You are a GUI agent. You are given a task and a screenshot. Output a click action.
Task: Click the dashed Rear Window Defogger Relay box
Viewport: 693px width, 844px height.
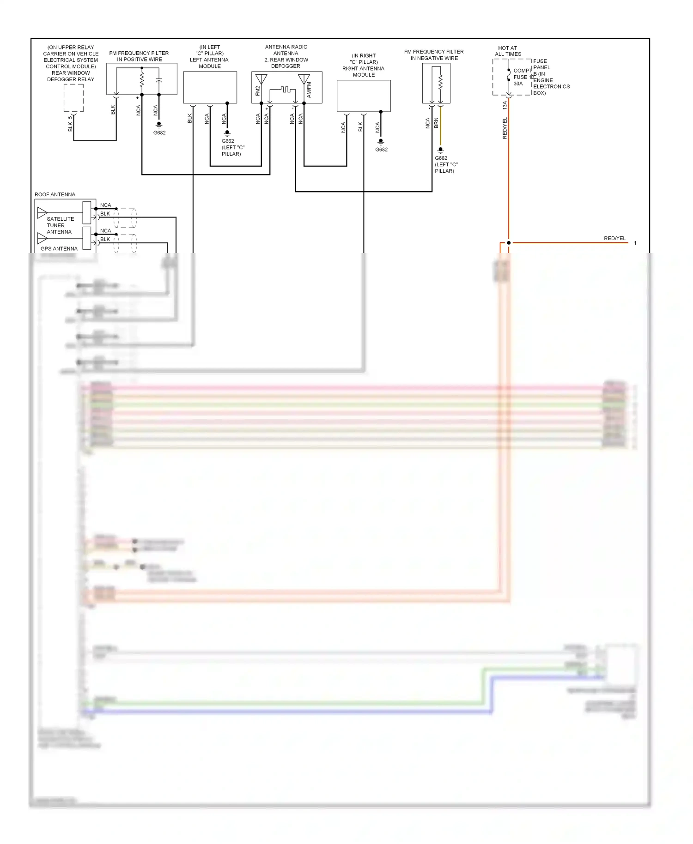pyautogui.click(x=73, y=98)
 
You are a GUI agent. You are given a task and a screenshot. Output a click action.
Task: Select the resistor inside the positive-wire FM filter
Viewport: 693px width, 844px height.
pyautogui.click(x=142, y=80)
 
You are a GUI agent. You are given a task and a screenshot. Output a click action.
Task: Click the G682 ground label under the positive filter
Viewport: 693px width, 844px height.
pyautogui.click(x=159, y=133)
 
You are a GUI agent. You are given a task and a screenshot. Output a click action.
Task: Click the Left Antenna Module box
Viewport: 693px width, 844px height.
pyautogui.click(x=210, y=87)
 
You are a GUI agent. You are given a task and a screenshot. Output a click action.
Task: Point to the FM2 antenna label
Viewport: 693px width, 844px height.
pyautogui.click(x=258, y=90)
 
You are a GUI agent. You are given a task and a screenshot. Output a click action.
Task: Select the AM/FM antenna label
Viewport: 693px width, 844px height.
pyautogui.click(x=309, y=90)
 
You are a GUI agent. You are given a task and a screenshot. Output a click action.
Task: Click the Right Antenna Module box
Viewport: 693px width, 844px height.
pyautogui.click(x=364, y=96)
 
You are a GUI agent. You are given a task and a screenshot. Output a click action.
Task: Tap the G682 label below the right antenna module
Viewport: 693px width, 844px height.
pyautogui.click(x=381, y=150)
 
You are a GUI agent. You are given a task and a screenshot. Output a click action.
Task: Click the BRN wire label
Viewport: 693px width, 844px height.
pyautogui.click(x=436, y=123)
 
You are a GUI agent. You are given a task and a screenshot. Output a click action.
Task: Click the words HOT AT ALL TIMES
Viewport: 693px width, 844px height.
pyautogui.click(x=508, y=51)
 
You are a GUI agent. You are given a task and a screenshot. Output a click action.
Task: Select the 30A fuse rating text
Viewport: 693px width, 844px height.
pyautogui.click(x=518, y=84)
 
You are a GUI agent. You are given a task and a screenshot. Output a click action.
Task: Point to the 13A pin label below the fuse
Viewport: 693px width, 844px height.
pyautogui.click(x=505, y=105)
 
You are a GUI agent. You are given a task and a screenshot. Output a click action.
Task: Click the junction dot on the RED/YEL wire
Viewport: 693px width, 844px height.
pyautogui.click(x=509, y=243)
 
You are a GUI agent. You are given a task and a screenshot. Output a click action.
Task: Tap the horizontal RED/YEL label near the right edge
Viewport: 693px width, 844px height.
pyautogui.click(x=614, y=239)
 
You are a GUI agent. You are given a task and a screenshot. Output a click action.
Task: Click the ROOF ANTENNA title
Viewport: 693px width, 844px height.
pyautogui.click(x=55, y=195)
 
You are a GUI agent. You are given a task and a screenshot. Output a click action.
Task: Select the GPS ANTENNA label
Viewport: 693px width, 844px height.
pyautogui.click(x=59, y=249)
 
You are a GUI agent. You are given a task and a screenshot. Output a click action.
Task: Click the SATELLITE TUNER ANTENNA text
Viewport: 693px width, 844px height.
pyautogui.click(x=60, y=225)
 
